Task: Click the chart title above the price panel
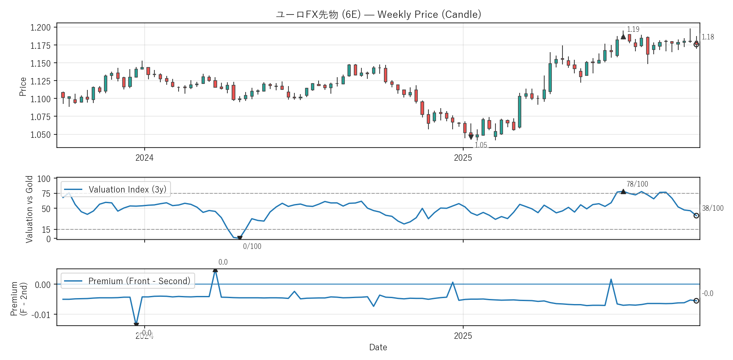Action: point(378,14)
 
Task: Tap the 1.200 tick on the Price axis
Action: point(40,28)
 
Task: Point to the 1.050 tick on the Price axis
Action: point(40,135)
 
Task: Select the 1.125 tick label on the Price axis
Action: point(40,81)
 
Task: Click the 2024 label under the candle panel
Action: point(144,158)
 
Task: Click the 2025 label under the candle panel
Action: point(463,158)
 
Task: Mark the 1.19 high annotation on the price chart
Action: point(633,29)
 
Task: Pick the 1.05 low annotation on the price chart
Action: point(481,145)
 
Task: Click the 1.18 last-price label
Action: point(708,37)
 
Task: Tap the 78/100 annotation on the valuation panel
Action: point(637,184)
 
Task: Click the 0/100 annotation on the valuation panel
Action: point(252,246)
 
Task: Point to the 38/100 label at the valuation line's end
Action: point(713,208)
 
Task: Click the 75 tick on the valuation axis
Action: point(46,194)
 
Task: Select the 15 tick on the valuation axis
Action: point(46,230)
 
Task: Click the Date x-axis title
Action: point(378,347)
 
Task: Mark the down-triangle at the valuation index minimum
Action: point(240,238)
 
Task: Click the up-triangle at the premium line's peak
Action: point(215,270)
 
